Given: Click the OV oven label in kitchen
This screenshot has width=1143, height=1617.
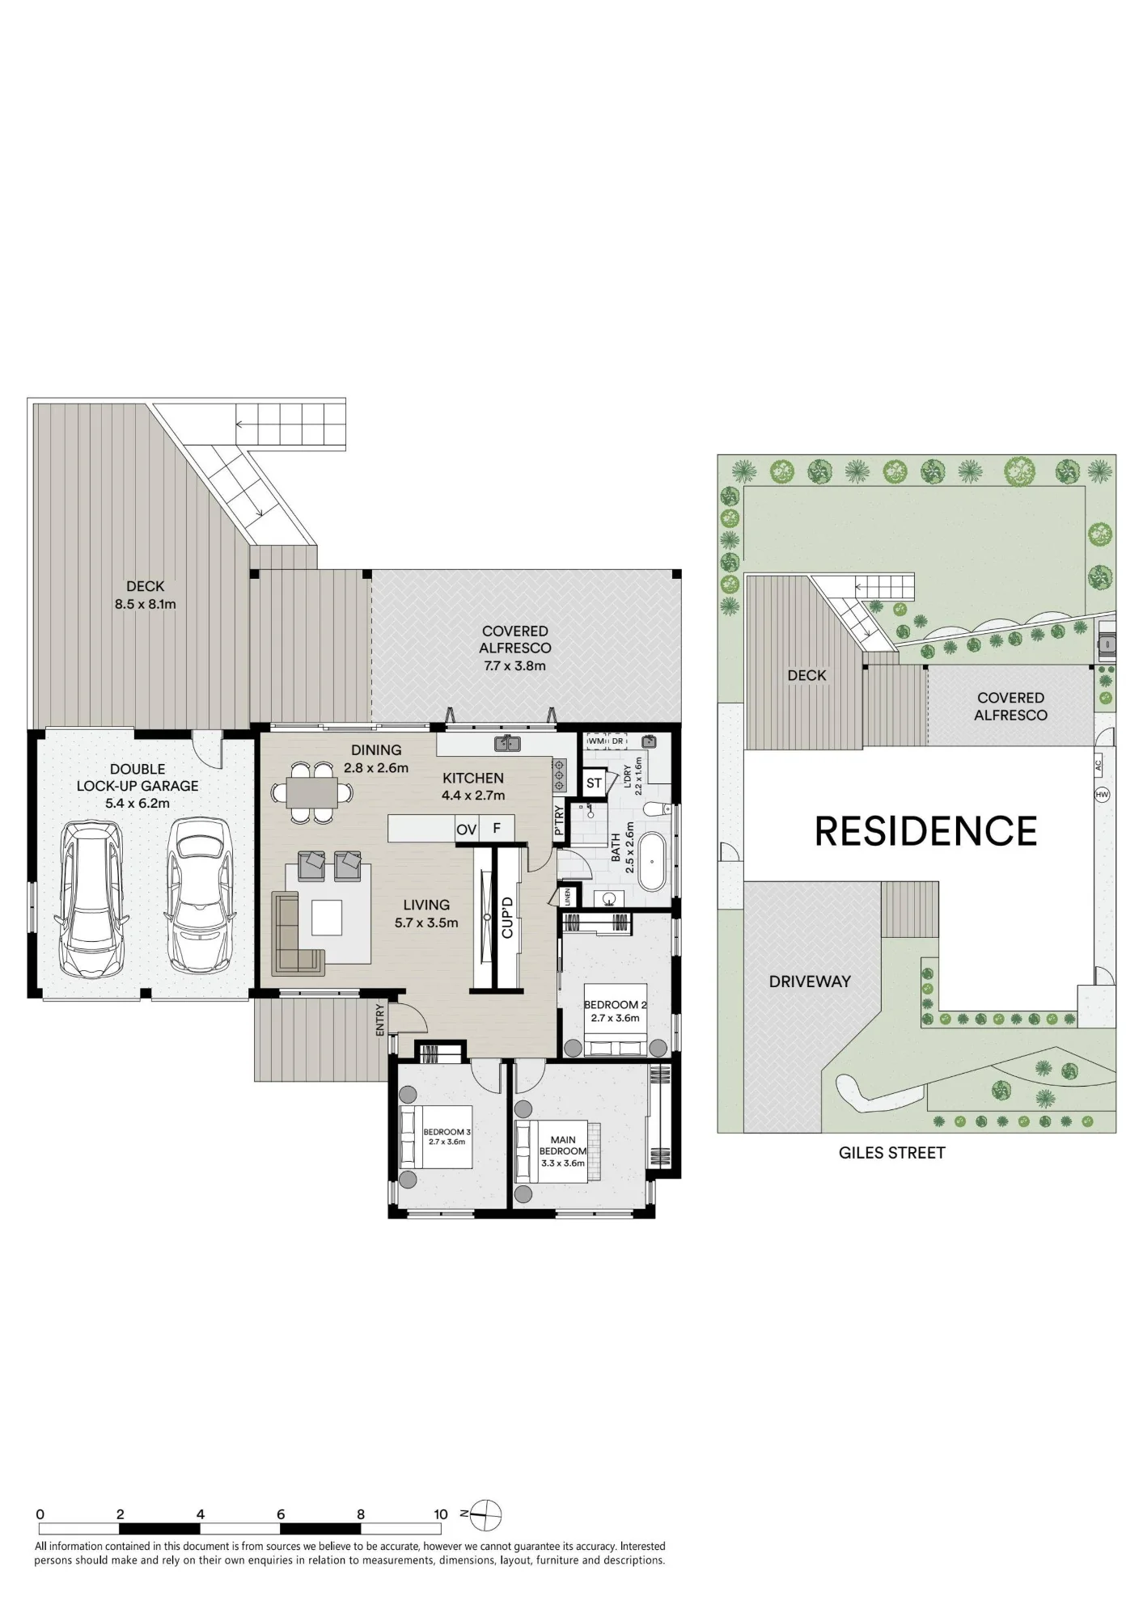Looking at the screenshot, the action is (467, 830).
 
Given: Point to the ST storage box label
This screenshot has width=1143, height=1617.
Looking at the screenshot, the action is (594, 783).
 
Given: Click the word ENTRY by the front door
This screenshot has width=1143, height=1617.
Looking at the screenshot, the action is (380, 1020).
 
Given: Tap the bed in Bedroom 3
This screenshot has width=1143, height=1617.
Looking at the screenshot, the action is (436, 1136).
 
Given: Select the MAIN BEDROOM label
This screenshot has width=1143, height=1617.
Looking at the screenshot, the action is (563, 1146).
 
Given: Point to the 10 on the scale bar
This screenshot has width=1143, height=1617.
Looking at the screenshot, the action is (440, 1514).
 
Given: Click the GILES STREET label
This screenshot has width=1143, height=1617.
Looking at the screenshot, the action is (891, 1153).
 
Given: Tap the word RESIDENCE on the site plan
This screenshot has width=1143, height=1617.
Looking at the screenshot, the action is (925, 831).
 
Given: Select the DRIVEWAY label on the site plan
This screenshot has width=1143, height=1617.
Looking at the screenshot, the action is (810, 982).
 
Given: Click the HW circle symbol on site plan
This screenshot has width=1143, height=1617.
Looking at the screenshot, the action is (1102, 795).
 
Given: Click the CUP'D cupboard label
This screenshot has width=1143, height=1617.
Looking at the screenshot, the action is (507, 917).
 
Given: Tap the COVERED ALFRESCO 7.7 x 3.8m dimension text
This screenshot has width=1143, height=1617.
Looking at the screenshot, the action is (514, 666).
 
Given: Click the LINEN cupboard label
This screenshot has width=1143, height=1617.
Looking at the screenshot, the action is (568, 897).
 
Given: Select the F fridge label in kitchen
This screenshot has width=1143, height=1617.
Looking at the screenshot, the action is (497, 829).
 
